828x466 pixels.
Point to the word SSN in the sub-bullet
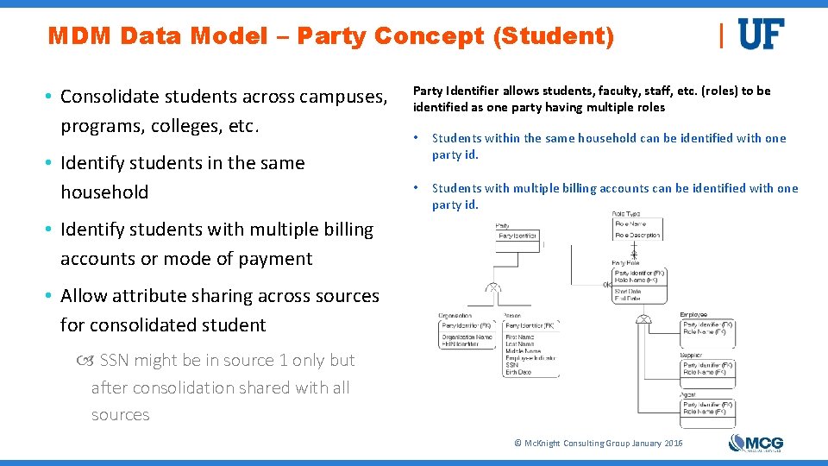point(116,360)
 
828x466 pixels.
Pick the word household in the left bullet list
point(104,192)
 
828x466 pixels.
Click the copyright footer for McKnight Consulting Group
point(598,443)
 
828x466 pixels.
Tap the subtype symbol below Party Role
point(643,319)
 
